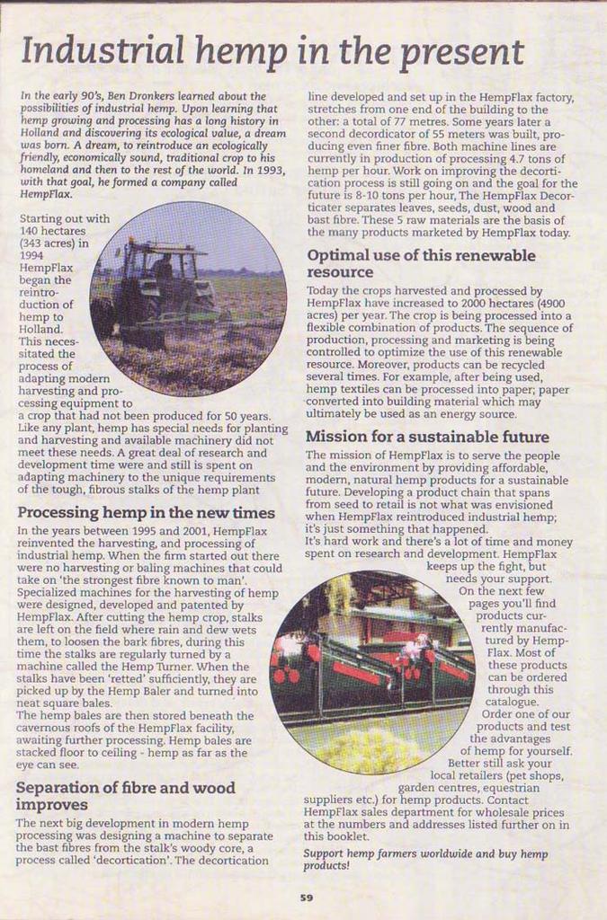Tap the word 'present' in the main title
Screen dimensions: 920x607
[x=460, y=53]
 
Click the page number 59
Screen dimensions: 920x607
[x=307, y=897]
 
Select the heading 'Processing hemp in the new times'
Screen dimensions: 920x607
[x=146, y=513]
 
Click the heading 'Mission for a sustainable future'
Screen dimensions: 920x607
[x=427, y=438]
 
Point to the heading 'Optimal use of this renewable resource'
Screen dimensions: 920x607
[x=420, y=263]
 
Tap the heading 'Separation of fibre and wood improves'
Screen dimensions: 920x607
[x=125, y=795]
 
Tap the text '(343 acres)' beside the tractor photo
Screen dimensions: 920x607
[x=53, y=243]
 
